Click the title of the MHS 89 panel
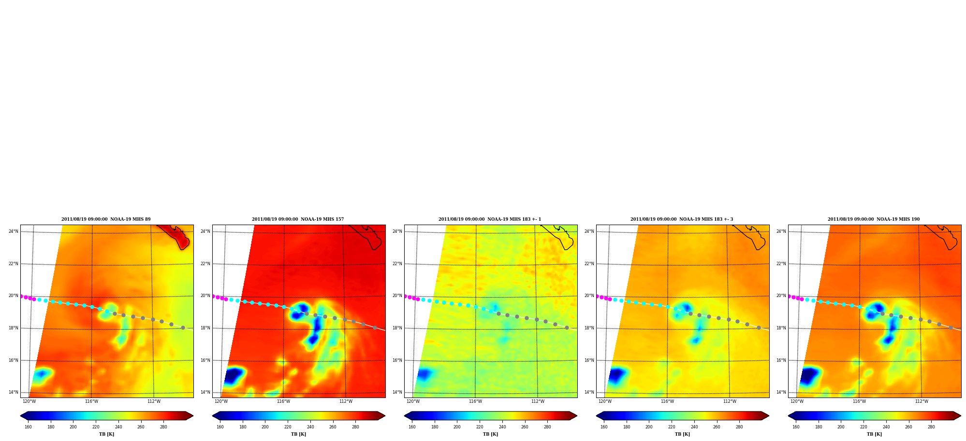106,219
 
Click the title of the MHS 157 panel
298,219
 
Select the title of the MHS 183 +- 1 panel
490,219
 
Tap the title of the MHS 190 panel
874,219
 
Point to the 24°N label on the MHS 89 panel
14,231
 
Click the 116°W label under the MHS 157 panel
283,401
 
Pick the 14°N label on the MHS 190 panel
781,392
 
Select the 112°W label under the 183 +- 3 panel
730,401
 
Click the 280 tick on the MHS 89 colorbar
163,427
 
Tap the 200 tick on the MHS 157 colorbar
265,427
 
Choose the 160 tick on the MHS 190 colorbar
796,427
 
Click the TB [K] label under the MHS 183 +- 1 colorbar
490,434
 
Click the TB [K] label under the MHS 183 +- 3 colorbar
682,434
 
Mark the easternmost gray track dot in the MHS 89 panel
183,327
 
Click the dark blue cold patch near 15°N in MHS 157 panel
234,375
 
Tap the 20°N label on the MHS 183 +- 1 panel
397,296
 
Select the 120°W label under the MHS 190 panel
797,401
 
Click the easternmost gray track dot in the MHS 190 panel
951,327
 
